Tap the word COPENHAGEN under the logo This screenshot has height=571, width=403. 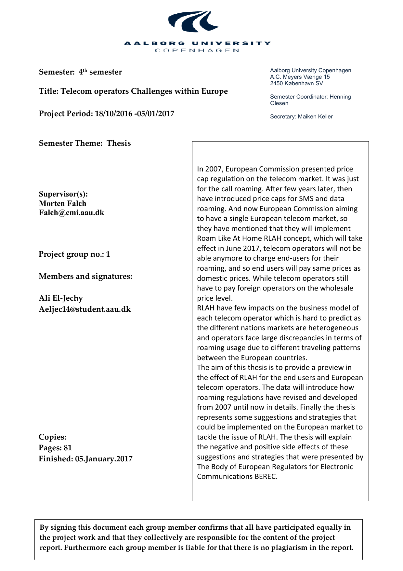click(x=197, y=50)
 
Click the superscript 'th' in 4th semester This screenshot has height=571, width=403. click(x=85, y=70)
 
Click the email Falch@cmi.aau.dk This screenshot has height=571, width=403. click(x=71, y=213)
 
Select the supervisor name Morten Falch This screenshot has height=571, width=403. click(x=62, y=203)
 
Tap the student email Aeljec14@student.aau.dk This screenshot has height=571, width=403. click(x=84, y=309)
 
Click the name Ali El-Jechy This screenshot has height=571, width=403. click(x=61, y=298)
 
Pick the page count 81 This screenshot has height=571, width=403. click(x=68, y=448)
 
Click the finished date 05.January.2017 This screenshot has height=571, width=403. click(x=104, y=459)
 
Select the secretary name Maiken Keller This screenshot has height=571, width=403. click(x=315, y=116)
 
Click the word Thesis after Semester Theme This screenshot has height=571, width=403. click(x=119, y=143)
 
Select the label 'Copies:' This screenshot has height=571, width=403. click(x=52, y=437)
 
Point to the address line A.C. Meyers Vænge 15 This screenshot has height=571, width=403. click(x=300, y=77)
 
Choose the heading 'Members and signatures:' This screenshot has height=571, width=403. click(x=85, y=276)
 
